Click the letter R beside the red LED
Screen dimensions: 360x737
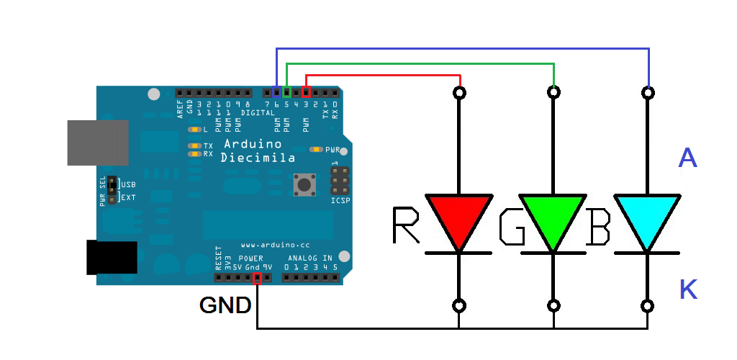point(407,225)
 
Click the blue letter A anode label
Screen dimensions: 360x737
point(687,158)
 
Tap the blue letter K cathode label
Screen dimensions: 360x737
point(688,289)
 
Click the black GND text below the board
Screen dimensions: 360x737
point(225,306)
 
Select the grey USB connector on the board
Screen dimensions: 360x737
point(97,143)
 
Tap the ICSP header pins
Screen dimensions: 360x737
point(340,183)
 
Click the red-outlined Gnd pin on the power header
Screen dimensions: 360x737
point(258,277)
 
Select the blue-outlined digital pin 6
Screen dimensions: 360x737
point(277,93)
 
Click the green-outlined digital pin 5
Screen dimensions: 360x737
point(287,93)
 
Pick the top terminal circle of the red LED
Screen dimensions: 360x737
point(459,92)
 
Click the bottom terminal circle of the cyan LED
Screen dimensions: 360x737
point(648,305)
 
